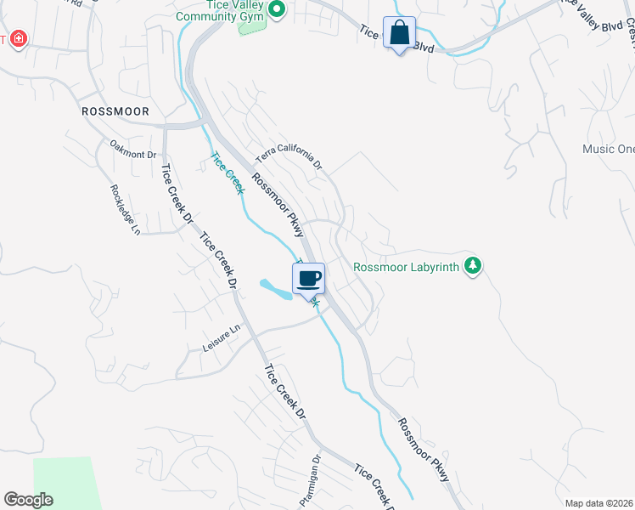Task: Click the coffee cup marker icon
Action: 309,278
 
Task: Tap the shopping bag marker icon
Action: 399,34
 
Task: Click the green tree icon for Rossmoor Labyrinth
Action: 473,267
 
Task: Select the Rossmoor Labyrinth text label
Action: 406,267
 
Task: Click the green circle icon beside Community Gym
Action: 276,9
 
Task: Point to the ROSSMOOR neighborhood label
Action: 115,111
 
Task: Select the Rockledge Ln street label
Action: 124,210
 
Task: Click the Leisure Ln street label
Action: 222,337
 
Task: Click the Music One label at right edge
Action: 608,150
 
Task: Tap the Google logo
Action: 28,500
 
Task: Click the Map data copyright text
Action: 598,503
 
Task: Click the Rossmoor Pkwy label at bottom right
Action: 422,450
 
